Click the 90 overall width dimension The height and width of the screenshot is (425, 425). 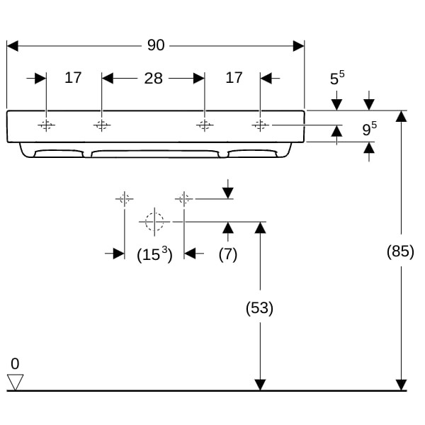156,45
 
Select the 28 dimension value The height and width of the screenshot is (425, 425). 154,79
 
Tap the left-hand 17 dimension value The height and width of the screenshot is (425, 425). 73,78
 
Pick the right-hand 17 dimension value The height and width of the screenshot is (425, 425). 234,78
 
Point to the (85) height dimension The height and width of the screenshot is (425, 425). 400,251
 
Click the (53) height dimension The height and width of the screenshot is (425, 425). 259,308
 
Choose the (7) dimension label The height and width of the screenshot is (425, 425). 228,254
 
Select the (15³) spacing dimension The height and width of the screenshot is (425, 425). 154,254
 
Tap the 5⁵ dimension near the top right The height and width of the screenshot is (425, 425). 337,77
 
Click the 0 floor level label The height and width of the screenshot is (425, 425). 15,364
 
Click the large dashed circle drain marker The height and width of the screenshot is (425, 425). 154,222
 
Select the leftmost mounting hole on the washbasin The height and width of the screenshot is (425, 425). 46,125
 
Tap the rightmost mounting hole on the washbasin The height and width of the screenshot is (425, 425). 260,125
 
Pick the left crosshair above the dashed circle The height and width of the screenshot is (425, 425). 125,199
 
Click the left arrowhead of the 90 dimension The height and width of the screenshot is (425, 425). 13,46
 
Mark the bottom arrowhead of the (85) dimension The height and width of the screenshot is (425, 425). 401,385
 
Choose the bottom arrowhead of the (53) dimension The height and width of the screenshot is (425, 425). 260,385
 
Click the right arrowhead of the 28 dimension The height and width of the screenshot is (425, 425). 199,79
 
